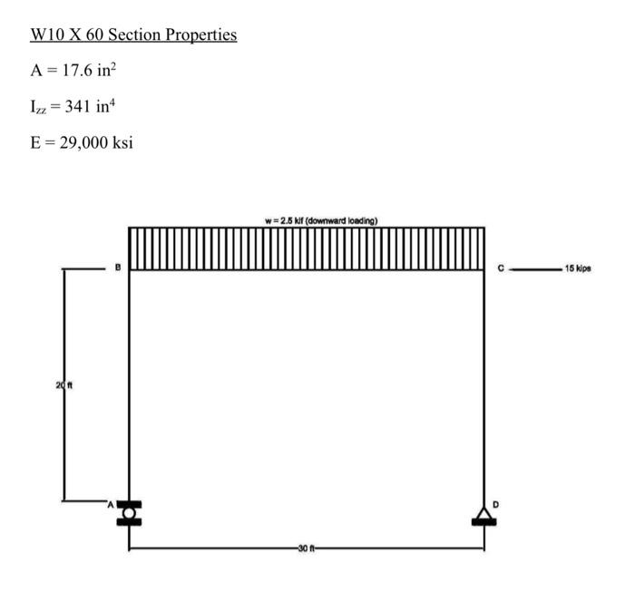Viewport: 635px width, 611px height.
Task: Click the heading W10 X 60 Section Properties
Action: (x=133, y=35)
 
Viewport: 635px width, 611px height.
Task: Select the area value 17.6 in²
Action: (x=97, y=72)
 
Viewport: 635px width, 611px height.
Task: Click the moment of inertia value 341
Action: (x=90, y=108)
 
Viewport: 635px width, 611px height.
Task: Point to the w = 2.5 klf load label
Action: (x=321, y=220)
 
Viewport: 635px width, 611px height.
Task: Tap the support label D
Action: (x=495, y=501)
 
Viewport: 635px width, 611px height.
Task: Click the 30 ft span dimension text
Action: (x=306, y=548)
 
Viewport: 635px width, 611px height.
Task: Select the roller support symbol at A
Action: (x=129, y=513)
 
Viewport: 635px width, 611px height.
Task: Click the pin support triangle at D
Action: (x=484, y=516)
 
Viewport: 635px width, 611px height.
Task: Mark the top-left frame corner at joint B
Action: (x=129, y=269)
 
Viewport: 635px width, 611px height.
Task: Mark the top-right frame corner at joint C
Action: (x=484, y=269)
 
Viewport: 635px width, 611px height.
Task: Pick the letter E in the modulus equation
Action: (x=35, y=144)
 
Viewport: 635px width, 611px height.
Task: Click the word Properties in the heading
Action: (x=200, y=35)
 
